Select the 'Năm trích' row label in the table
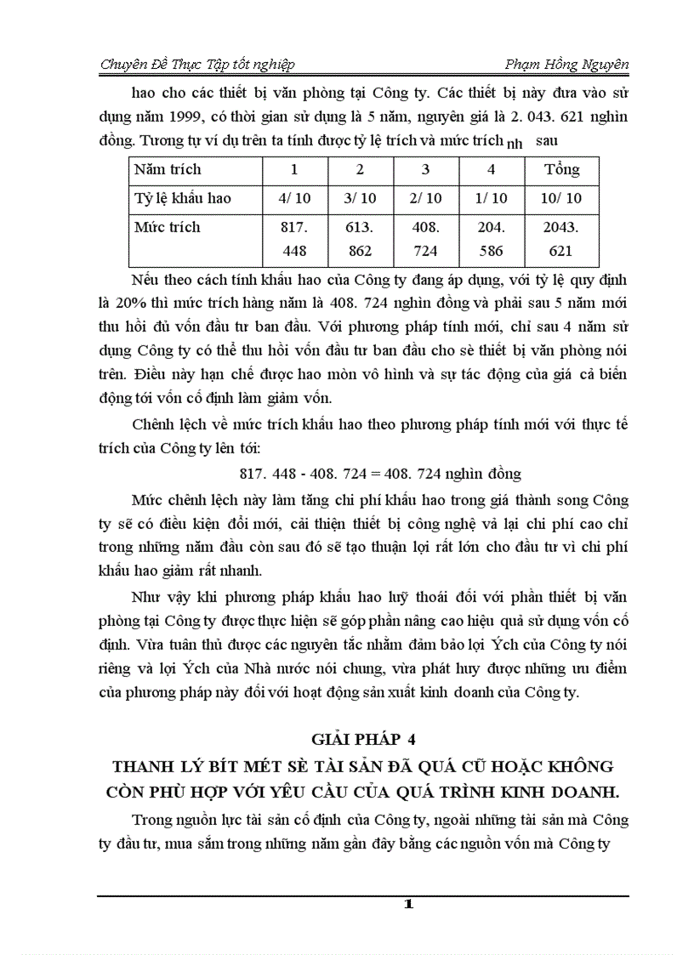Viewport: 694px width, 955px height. click(168, 169)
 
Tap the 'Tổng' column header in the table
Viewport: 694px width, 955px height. click(562, 169)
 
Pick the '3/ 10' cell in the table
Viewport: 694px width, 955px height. click(360, 198)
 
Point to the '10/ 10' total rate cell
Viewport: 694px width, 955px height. click(562, 198)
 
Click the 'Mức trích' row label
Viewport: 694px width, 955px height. click(168, 227)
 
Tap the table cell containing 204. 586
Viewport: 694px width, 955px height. click(491, 239)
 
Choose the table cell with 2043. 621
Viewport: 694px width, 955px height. click(562, 239)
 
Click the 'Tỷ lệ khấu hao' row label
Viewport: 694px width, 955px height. click(183, 198)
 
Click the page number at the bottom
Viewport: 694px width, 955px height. click(408, 905)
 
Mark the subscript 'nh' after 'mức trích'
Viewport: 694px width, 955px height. click(514, 144)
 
